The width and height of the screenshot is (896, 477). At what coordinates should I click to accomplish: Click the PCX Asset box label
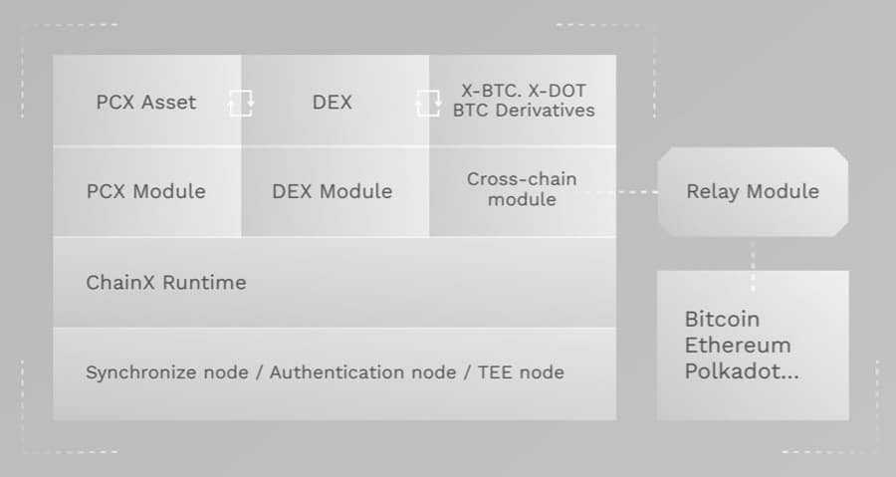pyautogui.click(x=146, y=102)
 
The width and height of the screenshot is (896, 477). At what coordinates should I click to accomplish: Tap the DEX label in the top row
pyautogui.click(x=332, y=102)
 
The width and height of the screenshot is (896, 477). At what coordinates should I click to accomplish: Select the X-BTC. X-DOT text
pyautogui.click(x=523, y=90)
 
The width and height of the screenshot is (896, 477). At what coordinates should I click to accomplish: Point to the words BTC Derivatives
pyautogui.click(x=523, y=111)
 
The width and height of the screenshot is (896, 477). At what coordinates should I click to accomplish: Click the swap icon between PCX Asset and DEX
pyautogui.click(x=241, y=102)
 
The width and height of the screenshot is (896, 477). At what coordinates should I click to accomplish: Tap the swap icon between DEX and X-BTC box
pyautogui.click(x=428, y=102)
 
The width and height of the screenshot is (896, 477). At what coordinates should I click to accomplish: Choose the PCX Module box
pyautogui.click(x=146, y=191)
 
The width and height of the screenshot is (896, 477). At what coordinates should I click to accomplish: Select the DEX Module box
pyautogui.click(x=332, y=191)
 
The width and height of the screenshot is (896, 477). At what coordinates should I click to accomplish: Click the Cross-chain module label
pyautogui.click(x=522, y=189)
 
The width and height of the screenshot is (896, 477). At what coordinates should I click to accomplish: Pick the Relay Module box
pyautogui.click(x=753, y=191)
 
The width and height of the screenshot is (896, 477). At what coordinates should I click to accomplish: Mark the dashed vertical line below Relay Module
pyautogui.click(x=753, y=253)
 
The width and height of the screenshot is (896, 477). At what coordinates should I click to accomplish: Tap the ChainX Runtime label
pyautogui.click(x=165, y=282)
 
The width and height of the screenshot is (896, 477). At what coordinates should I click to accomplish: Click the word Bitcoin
pyautogui.click(x=722, y=320)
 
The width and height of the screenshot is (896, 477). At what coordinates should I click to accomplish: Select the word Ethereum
pyautogui.click(x=738, y=346)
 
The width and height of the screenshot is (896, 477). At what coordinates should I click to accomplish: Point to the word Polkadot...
pyautogui.click(x=734, y=371)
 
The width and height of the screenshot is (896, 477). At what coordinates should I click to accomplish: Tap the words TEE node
pyautogui.click(x=522, y=372)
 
